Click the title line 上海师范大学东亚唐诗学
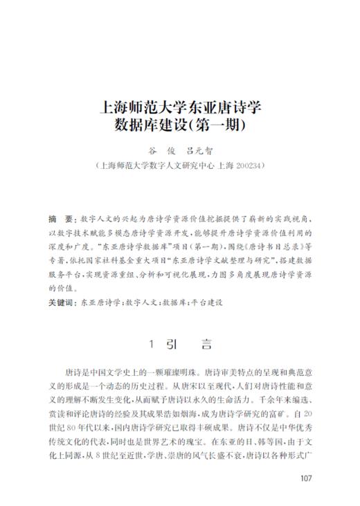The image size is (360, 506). click(x=180, y=109)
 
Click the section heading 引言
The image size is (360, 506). click(x=190, y=344)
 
